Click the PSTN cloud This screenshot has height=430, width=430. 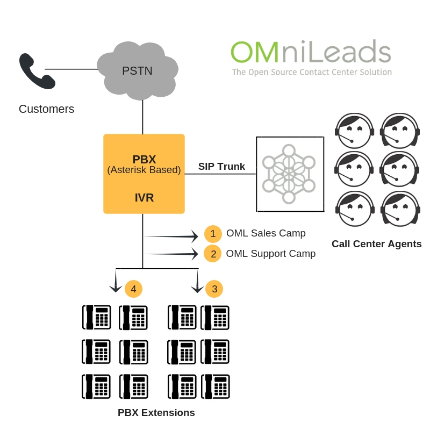click(x=138, y=70)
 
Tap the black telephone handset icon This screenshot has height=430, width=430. click(x=37, y=71)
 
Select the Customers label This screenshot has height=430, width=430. click(x=46, y=109)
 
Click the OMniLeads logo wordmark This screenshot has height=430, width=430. click(x=310, y=52)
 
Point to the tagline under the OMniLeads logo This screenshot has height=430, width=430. click(x=311, y=72)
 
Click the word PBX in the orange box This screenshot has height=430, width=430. click(x=144, y=159)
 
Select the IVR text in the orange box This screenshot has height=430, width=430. click(x=144, y=198)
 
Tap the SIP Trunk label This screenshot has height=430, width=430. click(x=221, y=167)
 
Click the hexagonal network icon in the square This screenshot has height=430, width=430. click(x=289, y=174)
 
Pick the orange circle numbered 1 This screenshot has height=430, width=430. click(x=213, y=234)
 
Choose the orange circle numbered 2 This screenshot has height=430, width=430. click(x=213, y=254)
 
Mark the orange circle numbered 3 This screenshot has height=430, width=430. click(x=214, y=289)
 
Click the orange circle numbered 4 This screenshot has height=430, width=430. click(x=133, y=289)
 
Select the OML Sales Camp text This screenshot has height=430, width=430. click(x=266, y=233)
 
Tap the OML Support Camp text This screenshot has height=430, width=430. click(x=271, y=253)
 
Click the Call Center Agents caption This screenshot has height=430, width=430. click(x=376, y=244)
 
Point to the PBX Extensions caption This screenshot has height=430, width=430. click(x=156, y=413)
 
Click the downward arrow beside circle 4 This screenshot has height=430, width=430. click(x=116, y=282)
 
